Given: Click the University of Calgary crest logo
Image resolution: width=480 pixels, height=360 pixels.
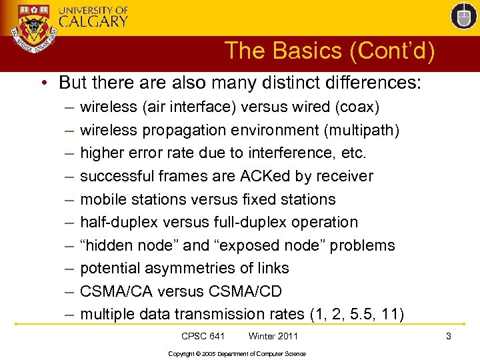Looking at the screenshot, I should [33, 31].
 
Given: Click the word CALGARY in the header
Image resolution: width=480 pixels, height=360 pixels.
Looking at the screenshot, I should [93, 21].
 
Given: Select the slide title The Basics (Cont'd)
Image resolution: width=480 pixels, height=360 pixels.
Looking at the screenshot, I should [329, 51].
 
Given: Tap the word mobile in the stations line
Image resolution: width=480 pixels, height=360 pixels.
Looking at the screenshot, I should [101, 199].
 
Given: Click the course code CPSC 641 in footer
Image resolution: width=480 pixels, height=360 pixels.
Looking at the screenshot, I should [203, 336].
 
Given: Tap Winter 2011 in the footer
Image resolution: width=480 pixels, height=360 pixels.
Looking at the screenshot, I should [273, 336].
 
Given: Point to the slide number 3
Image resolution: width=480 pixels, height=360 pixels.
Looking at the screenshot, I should [449, 336].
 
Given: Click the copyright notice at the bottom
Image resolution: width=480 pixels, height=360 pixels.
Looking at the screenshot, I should [237, 353].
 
